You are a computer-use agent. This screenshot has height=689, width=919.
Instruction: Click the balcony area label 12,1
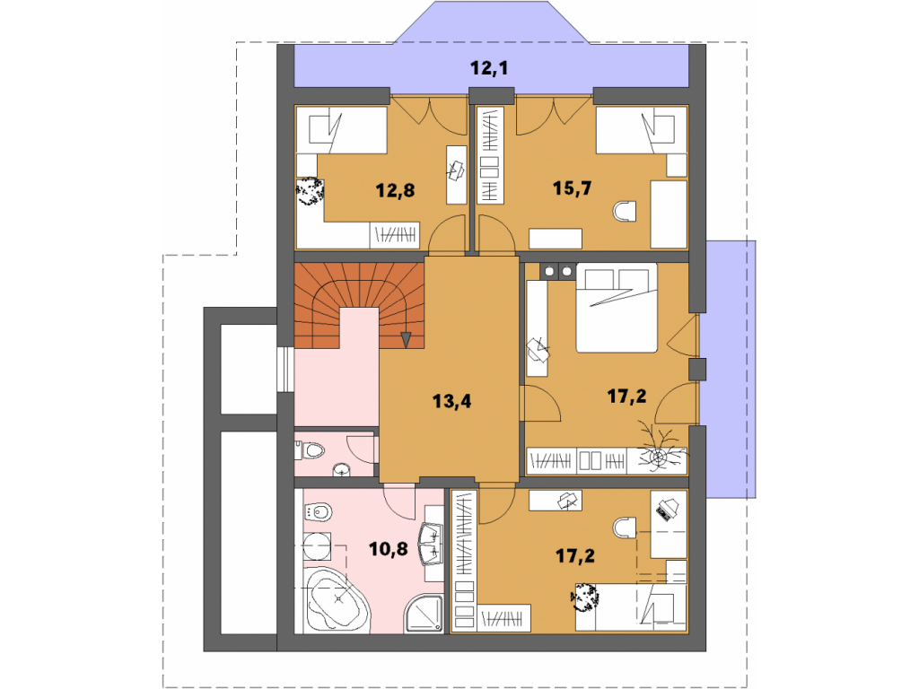pyautogui.click(x=489, y=68)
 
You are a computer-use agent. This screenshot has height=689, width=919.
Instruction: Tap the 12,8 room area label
pyautogui.click(x=395, y=190)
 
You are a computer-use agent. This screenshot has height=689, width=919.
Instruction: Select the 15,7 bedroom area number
pyautogui.click(x=572, y=188)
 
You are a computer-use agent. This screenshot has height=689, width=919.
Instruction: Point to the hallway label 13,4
pyautogui.click(x=452, y=401)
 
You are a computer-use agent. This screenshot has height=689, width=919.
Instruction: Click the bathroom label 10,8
pyautogui.click(x=388, y=549)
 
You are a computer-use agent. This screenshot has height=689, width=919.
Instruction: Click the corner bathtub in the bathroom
pyautogui.click(x=336, y=599)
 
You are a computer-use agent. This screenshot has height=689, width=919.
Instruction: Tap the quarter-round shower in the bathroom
pyautogui.click(x=424, y=614)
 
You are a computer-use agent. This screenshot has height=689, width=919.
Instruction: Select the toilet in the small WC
pyautogui.click(x=311, y=450)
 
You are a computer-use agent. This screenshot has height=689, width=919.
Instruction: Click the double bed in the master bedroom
pyautogui.click(x=617, y=309)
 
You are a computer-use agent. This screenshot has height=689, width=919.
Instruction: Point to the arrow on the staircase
pyautogui.click(x=406, y=338)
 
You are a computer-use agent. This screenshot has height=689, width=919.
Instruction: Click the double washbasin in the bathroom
pyautogui.click(x=431, y=543)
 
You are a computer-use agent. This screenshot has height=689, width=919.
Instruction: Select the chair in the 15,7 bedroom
pyautogui.click(x=625, y=212)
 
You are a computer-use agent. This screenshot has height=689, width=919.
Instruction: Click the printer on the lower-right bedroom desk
pyautogui.click(x=665, y=509)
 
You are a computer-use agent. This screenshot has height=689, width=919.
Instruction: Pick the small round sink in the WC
pyautogui.click(x=341, y=469)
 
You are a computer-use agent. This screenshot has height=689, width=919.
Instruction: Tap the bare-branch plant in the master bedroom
pyautogui.click(x=660, y=449)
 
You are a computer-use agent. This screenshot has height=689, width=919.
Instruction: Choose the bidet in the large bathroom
pyautogui.click(x=319, y=512)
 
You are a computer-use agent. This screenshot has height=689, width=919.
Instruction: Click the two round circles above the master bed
pyautogui.click(x=558, y=271)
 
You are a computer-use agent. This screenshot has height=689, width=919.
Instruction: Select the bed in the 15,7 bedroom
pyautogui.click(x=641, y=130)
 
